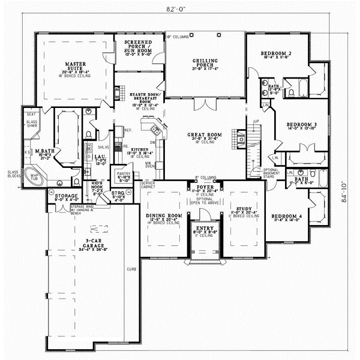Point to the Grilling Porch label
coord(205,62)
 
